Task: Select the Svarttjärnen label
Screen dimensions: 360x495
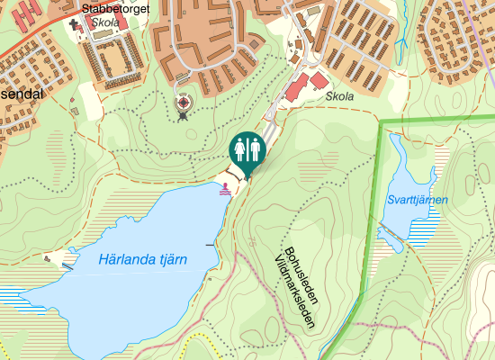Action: [417, 200]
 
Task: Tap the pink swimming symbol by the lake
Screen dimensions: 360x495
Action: [224, 189]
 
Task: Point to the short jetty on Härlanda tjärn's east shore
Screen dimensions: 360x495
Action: [211, 244]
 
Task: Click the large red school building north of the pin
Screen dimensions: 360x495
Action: [297, 87]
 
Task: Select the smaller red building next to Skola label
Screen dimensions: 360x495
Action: [319, 81]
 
